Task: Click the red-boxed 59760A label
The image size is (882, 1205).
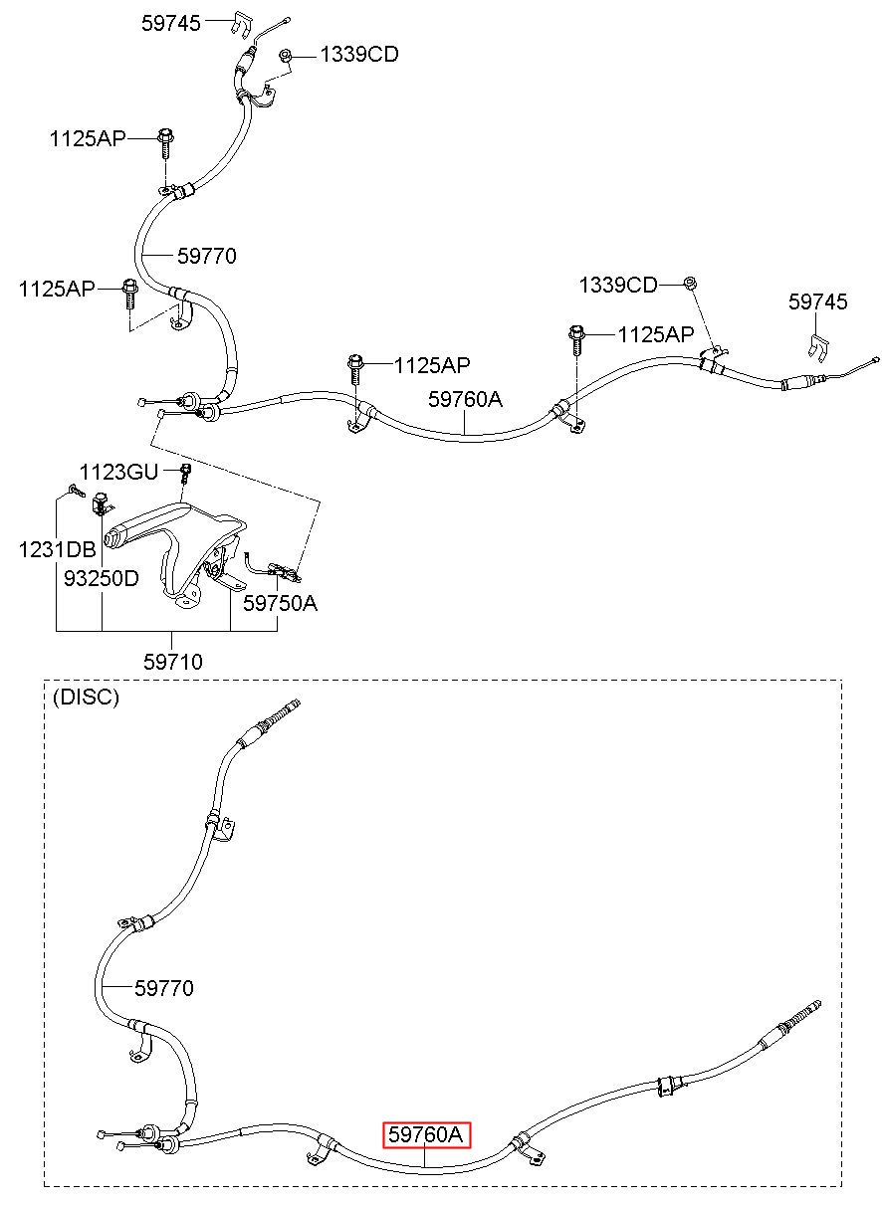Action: [x=426, y=1134]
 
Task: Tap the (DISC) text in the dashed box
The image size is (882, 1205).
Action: [x=86, y=698]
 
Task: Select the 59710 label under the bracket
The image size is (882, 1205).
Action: [x=173, y=662]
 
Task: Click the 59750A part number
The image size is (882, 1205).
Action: [x=280, y=603]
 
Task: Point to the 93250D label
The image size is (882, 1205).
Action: [x=102, y=578]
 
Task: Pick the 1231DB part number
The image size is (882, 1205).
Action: [x=57, y=549]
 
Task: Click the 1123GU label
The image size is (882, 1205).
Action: [x=118, y=472]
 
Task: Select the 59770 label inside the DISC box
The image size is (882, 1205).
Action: [x=163, y=988]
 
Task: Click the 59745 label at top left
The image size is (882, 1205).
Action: [x=170, y=23]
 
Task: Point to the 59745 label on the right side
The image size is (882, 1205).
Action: [x=817, y=301]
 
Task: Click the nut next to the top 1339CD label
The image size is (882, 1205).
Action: [x=285, y=55]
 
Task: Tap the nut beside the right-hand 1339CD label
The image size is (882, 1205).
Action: [x=689, y=283]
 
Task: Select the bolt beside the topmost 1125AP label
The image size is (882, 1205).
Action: [x=165, y=142]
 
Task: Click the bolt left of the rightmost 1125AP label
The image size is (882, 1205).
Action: [x=575, y=339]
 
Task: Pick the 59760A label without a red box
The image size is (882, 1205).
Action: [x=465, y=399]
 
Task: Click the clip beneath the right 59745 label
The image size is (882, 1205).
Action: [x=818, y=347]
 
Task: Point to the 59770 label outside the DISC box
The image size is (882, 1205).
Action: [x=207, y=256]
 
